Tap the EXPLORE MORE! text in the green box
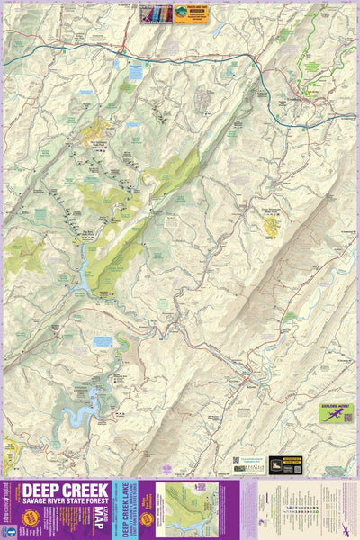click(332, 407)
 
